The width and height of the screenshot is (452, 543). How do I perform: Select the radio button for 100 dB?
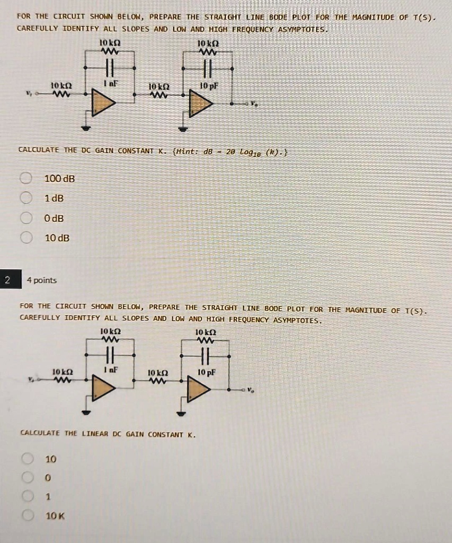pyautogui.click(x=26, y=179)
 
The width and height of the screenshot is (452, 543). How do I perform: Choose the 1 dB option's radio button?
pyautogui.click(x=26, y=198)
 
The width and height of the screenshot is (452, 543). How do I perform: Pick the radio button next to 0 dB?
pyautogui.click(x=26, y=218)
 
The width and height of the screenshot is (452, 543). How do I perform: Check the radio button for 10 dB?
pyautogui.click(x=26, y=238)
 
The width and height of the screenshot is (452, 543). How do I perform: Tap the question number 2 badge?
pyautogui.click(x=7, y=280)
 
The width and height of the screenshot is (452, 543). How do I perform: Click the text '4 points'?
pyautogui.click(x=42, y=280)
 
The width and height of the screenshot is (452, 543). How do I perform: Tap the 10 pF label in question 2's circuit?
pyautogui.click(x=206, y=372)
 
